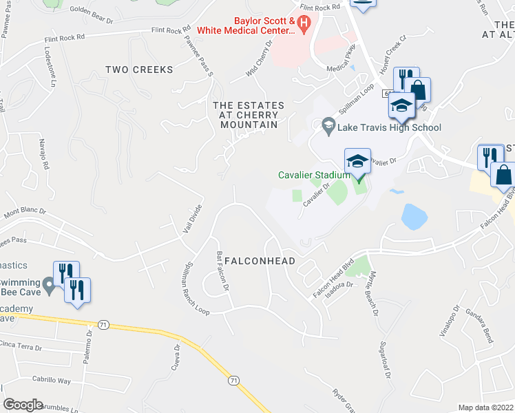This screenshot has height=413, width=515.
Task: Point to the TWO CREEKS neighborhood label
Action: coord(139,70)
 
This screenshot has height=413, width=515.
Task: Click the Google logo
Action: coord(23,405)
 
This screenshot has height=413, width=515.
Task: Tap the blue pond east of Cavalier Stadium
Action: coord(413,216)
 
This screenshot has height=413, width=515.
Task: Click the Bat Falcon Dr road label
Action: coord(222,273)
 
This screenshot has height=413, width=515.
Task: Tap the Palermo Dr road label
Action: coord(89,346)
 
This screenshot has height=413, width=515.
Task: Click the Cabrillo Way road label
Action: coord(51,379)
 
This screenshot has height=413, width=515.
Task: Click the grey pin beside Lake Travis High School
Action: coord(328,126)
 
